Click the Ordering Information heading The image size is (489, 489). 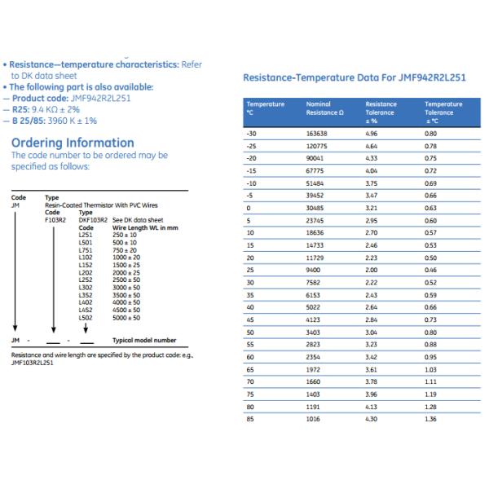pos(72,143)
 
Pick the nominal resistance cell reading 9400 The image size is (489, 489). pos(313,268)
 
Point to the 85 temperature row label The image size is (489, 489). pos(250,418)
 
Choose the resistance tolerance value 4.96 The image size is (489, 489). pos(372,132)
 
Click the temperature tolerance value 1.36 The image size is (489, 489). pos(430,418)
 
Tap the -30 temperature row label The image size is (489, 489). pos(251,132)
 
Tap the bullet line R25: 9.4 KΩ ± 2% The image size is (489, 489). pos(51,108)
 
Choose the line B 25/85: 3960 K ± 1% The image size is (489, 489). pos(55,121)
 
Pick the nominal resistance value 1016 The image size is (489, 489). pos(313,418)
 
